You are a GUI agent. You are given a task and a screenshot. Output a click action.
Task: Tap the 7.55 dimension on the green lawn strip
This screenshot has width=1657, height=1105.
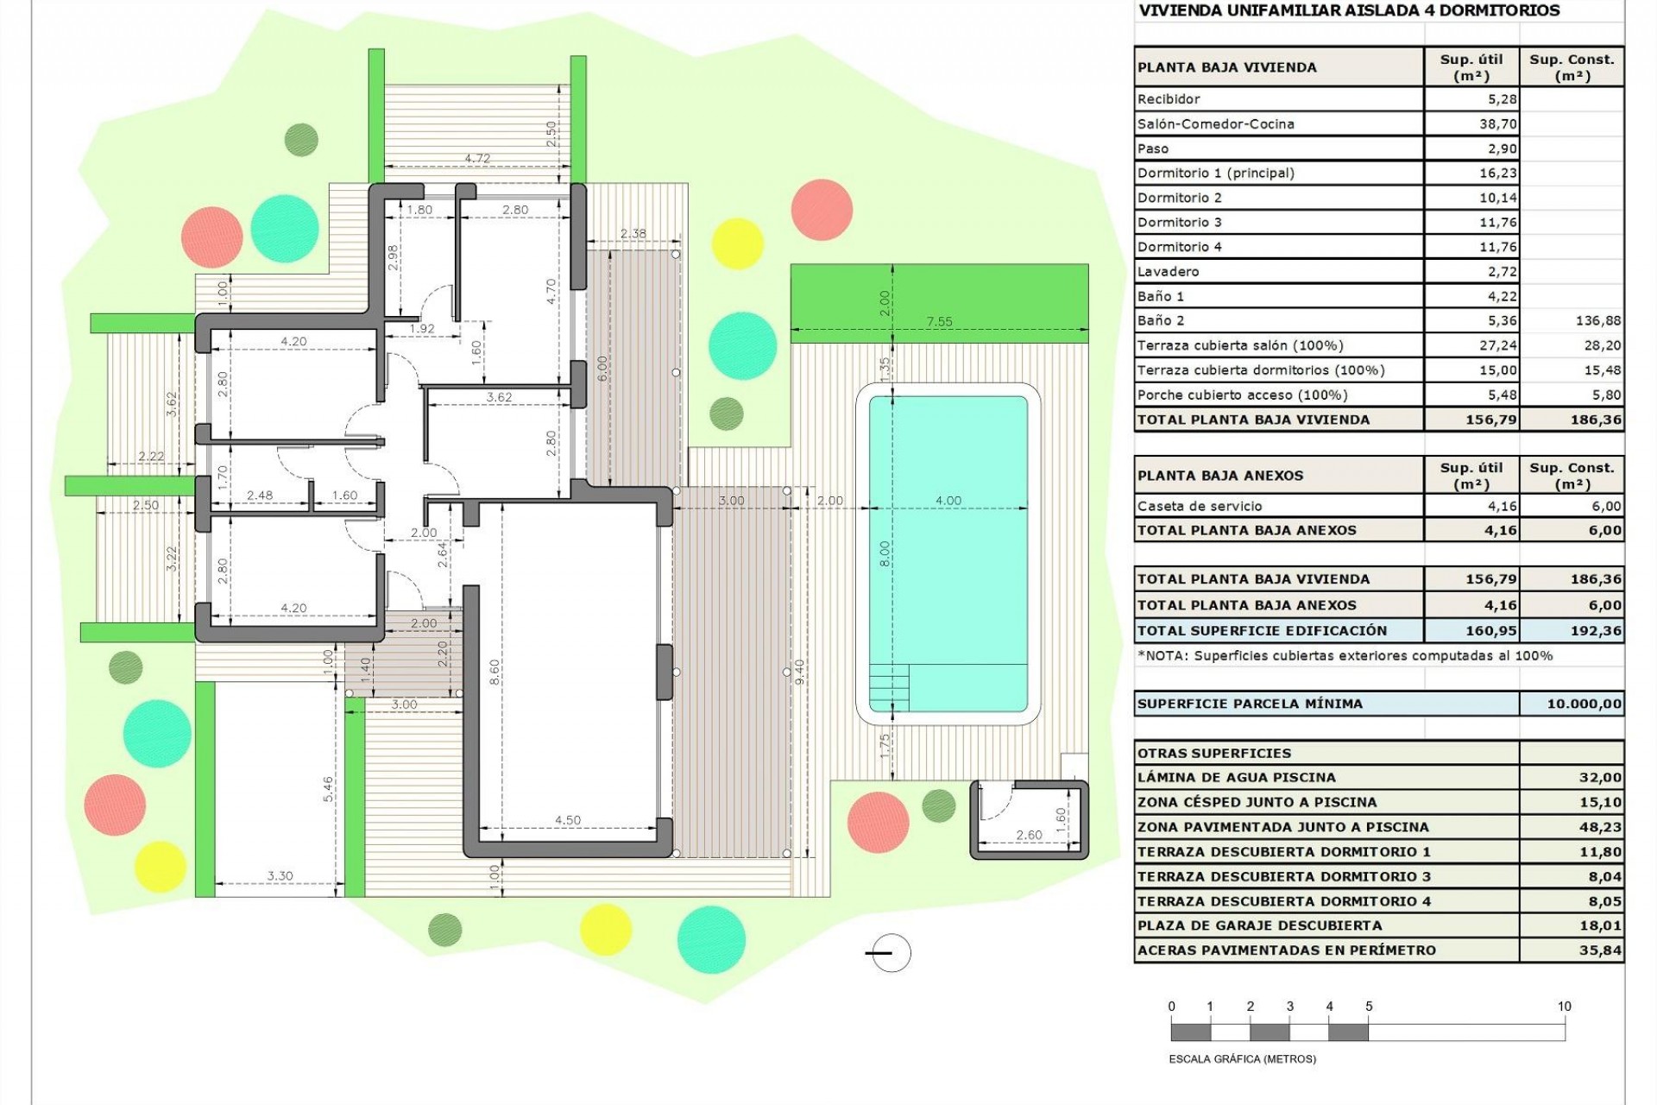tap(939, 322)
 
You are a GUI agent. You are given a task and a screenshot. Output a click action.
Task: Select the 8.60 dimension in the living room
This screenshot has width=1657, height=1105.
tap(495, 672)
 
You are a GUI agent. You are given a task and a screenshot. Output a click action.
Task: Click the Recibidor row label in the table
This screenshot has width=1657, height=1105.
tap(1169, 99)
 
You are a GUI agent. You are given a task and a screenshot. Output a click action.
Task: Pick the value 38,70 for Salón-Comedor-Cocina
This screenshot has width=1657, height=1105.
tap(1497, 124)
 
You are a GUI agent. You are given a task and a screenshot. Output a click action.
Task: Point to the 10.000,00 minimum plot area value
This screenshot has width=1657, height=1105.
tap(1584, 704)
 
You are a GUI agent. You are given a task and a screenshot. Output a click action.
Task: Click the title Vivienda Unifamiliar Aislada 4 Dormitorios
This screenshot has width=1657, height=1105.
tap(1337, 11)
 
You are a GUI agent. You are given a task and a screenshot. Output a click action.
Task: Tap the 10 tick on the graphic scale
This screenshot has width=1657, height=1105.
tap(1564, 1007)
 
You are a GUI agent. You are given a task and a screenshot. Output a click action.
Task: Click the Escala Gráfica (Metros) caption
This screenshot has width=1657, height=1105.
tap(1242, 1059)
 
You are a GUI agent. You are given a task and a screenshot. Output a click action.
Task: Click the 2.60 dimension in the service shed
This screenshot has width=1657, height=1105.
tap(1028, 835)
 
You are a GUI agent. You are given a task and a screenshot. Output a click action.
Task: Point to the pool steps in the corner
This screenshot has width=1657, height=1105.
tap(889, 687)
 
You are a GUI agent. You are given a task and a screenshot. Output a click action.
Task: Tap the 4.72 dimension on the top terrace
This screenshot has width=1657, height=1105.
tap(477, 159)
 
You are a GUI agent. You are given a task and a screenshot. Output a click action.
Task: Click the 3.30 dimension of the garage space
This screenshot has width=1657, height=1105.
tap(280, 875)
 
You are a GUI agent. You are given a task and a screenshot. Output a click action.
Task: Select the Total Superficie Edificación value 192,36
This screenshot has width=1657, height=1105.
tap(1596, 631)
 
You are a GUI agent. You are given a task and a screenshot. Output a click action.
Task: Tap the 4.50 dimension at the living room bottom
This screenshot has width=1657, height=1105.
tap(567, 820)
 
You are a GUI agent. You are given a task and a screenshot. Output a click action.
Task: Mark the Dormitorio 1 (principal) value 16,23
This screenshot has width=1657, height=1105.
tap(1497, 174)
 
